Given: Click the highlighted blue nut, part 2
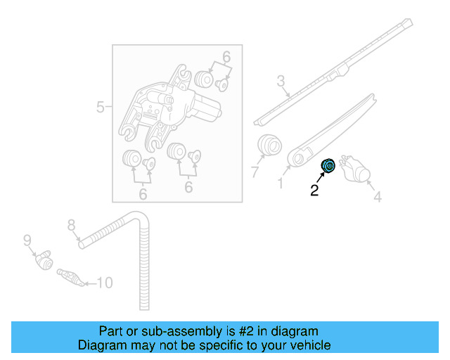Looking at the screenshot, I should click(x=328, y=166).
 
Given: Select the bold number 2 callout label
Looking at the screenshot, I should click(x=314, y=190).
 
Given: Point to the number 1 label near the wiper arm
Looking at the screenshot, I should click(x=280, y=184).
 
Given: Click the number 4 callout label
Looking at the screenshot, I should click(x=377, y=198).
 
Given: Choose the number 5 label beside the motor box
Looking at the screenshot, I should click(x=101, y=108).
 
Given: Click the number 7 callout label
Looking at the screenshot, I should click(x=255, y=172).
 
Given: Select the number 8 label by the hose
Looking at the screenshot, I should click(x=71, y=226).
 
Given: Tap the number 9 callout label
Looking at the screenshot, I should click(x=27, y=240).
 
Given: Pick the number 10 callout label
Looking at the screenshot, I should click(x=104, y=283).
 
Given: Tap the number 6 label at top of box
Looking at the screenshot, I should click(x=226, y=57).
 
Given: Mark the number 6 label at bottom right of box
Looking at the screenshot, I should click(x=188, y=187).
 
